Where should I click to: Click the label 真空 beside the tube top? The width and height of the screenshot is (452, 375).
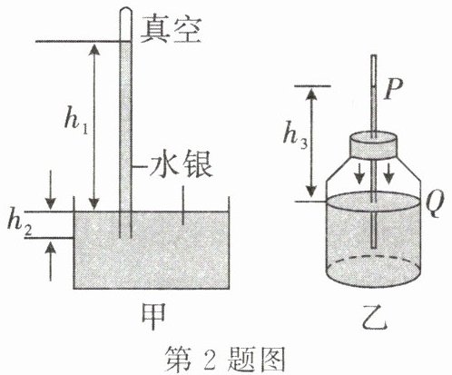click(x=171, y=30)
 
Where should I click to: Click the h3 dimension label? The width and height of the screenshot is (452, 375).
click(x=295, y=137)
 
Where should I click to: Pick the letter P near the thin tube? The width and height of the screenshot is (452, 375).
click(x=393, y=90)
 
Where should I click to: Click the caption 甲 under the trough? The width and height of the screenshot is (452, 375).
click(x=153, y=316)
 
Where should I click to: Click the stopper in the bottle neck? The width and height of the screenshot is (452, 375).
click(x=373, y=144)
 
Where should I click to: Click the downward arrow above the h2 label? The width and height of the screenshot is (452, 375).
click(x=50, y=190)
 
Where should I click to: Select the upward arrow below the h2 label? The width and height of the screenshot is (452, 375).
click(x=51, y=261)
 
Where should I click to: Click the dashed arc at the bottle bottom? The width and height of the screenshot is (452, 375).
click(x=373, y=258)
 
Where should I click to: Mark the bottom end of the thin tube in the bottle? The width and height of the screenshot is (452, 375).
click(x=374, y=248)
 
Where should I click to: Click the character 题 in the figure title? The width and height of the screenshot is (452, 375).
click(x=240, y=360)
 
